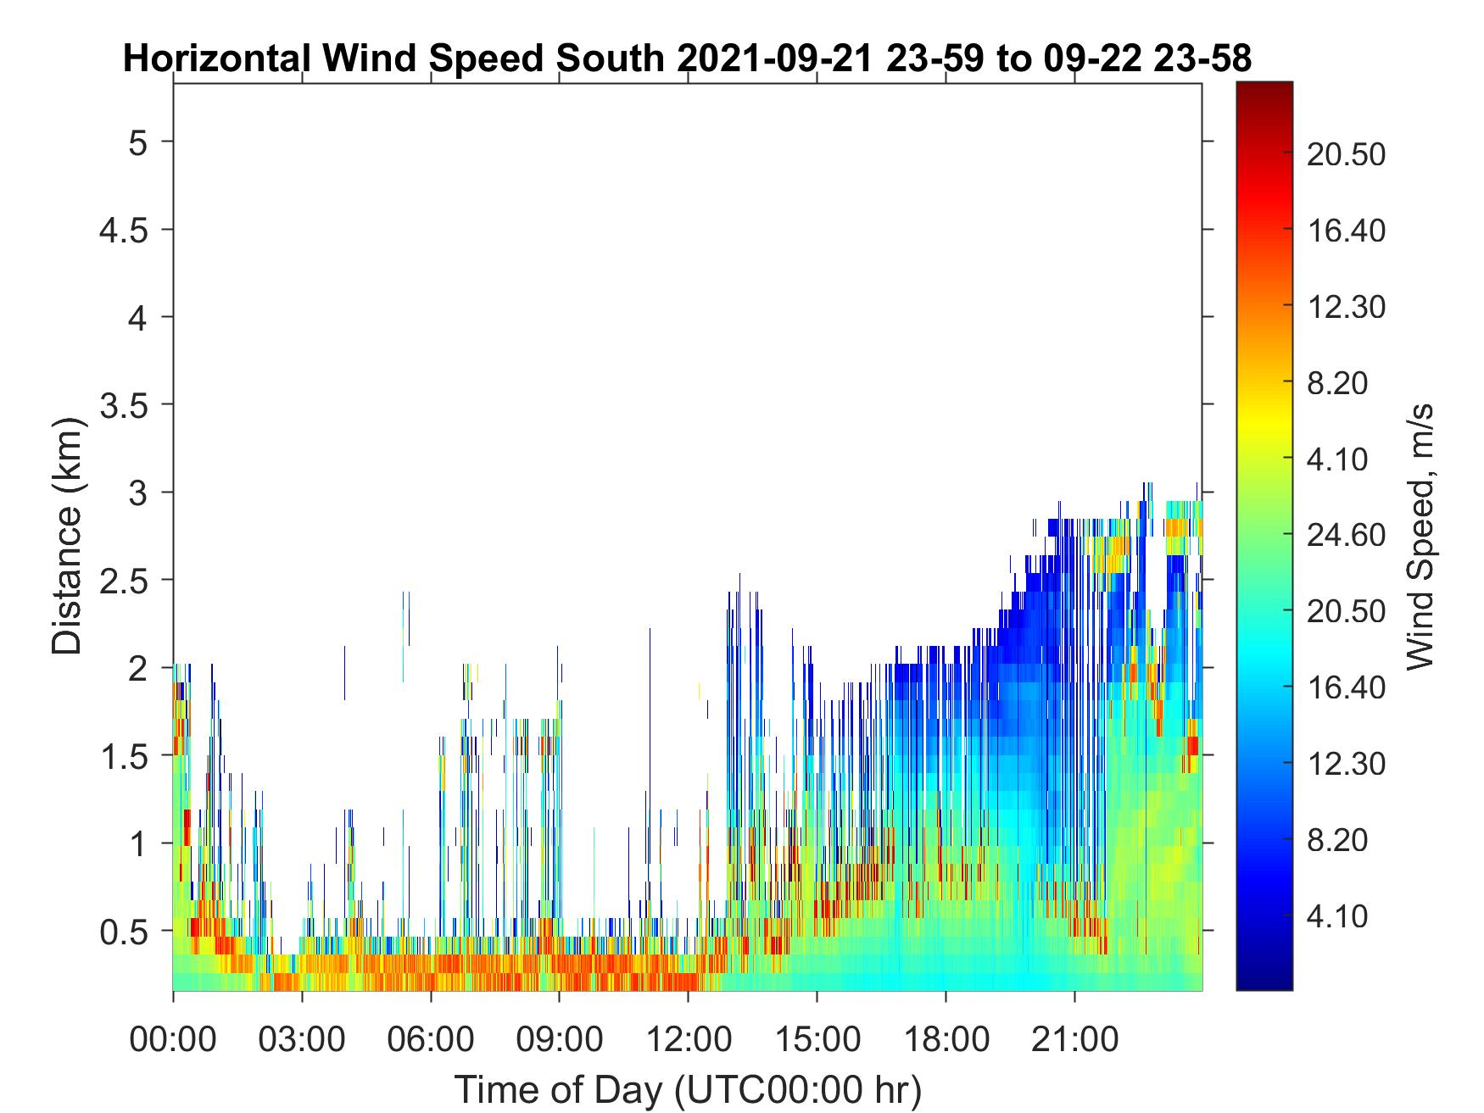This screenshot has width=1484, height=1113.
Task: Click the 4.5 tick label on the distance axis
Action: [x=125, y=230]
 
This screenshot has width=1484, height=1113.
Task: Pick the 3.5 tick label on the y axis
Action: [x=125, y=405]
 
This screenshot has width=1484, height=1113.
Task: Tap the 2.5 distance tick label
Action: [x=125, y=581]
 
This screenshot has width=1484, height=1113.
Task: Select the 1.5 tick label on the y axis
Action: [x=125, y=756]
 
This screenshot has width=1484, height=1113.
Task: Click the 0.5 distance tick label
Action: [x=125, y=932]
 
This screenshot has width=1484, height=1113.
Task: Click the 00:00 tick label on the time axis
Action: [x=173, y=1039]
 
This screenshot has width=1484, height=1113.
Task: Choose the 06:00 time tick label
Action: [x=432, y=1039]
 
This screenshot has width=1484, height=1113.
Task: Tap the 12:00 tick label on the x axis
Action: [x=689, y=1039]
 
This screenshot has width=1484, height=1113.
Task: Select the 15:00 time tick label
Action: [x=817, y=1039]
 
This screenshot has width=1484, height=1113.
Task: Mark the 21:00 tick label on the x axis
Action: [x=1075, y=1039]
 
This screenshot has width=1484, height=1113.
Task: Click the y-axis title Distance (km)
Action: [x=68, y=537]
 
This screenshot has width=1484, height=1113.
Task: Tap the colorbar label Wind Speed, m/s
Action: [x=1419, y=537]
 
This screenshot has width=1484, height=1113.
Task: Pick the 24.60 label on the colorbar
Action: [x=1347, y=536]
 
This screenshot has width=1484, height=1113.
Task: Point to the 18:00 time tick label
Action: [x=946, y=1039]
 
